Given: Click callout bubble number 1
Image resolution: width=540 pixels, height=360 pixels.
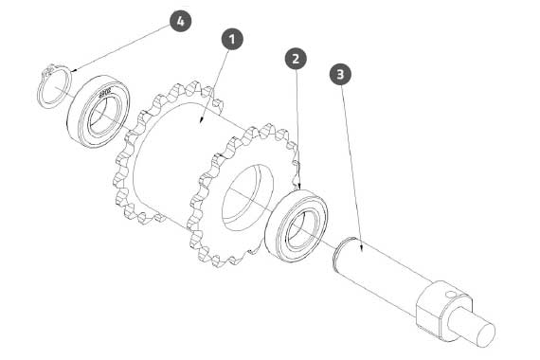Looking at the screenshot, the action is (232, 39).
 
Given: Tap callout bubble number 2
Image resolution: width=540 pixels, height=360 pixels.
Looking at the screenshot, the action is (296, 59).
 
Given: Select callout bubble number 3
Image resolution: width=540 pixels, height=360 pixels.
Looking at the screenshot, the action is (340, 74).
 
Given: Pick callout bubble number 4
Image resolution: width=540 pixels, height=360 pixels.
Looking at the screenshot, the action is (180, 21).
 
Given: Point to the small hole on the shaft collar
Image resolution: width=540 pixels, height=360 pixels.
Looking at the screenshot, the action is (450, 295).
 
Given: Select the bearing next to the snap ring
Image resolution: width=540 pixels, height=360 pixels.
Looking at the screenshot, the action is (99, 111).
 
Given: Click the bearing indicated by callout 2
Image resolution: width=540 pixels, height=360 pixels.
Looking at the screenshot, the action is (297, 225).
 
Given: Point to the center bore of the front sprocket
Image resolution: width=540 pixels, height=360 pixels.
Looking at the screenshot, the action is (247, 197).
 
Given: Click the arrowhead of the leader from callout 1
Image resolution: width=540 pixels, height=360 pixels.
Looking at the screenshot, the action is (201, 121).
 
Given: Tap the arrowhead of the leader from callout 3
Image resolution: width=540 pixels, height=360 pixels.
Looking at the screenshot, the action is (361, 248).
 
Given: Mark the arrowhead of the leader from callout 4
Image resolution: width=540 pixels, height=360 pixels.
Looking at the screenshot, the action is (74, 70).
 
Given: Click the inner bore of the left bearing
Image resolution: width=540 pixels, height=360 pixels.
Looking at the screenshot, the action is (102, 116).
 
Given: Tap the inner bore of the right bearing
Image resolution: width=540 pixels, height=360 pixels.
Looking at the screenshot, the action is (299, 229).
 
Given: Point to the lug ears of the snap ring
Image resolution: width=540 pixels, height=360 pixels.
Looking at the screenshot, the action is (48, 71).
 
